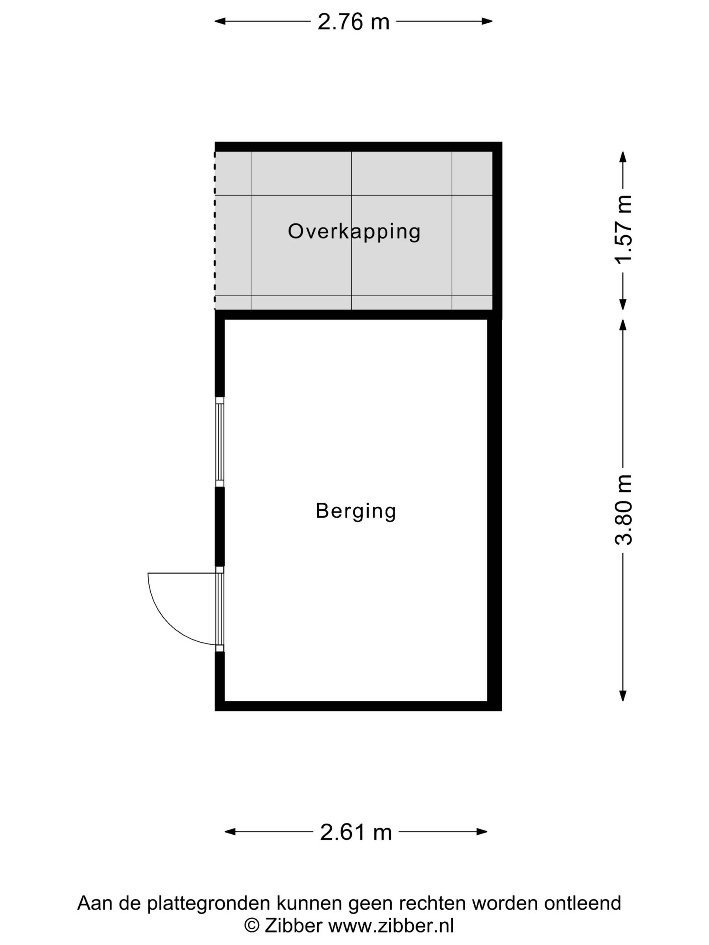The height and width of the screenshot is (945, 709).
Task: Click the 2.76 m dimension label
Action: click(x=353, y=22)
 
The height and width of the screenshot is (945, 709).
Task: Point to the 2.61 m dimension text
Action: click(x=356, y=832)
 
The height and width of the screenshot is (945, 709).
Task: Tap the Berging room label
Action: click(x=356, y=511)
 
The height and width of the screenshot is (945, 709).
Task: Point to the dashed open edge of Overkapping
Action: click(x=214, y=231)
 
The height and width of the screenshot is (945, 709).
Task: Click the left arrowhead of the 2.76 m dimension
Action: click(x=220, y=21)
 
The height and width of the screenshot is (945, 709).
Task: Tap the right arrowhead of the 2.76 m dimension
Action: click(x=487, y=21)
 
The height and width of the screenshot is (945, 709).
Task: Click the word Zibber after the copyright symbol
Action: click(x=293, y=926)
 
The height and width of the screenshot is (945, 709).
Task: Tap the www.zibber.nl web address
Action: click(x=391, y=926)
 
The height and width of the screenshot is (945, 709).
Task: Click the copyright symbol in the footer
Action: click(x=252, y=927)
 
